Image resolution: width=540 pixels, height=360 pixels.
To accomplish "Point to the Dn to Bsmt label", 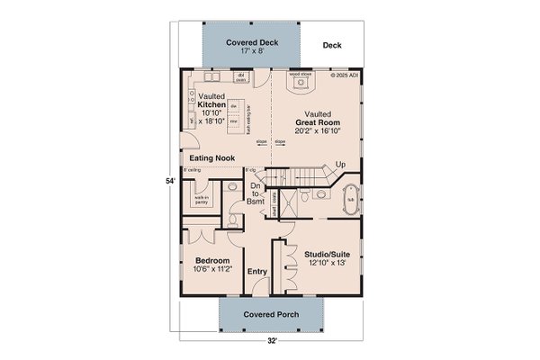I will [255, 194].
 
